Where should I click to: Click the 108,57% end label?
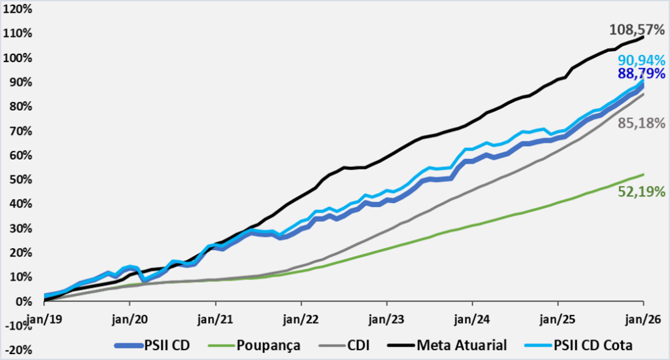point(637,30)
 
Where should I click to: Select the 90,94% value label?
point(641,60)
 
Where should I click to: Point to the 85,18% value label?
point(641,123)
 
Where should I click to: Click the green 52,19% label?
point(641,192)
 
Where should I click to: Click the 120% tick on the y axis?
point(18,9)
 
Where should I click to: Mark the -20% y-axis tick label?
point(18,350)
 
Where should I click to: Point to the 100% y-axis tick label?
point(18,58)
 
